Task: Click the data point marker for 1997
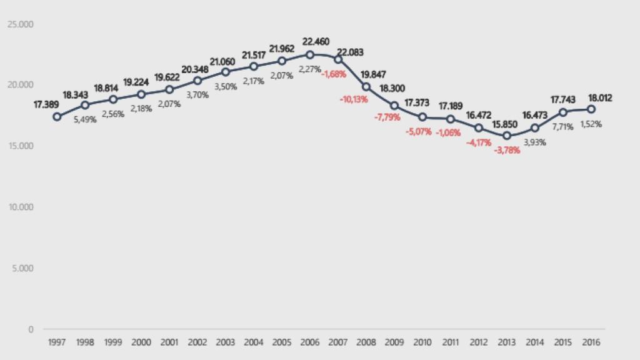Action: tap(57, 117)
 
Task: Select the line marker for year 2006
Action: tap(310, 55)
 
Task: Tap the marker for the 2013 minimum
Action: tap(507, 136)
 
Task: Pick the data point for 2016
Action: tap(591, 109)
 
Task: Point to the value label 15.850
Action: tap(507, 122)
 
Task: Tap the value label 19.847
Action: tap(373, 73)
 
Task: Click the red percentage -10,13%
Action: tap(354, 99)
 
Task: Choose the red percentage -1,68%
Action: tap(334, 74)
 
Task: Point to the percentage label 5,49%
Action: tap(85, 119)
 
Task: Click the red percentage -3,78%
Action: tap(507, 150)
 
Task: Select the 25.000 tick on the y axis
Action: tap(21, 24)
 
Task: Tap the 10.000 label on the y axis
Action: tap(21, 207)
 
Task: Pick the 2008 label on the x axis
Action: tap(366, 342)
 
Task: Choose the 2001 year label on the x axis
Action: tap(169, 342)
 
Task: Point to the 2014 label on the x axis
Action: tap(535, 342)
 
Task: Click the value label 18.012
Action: tap(600, 98)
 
